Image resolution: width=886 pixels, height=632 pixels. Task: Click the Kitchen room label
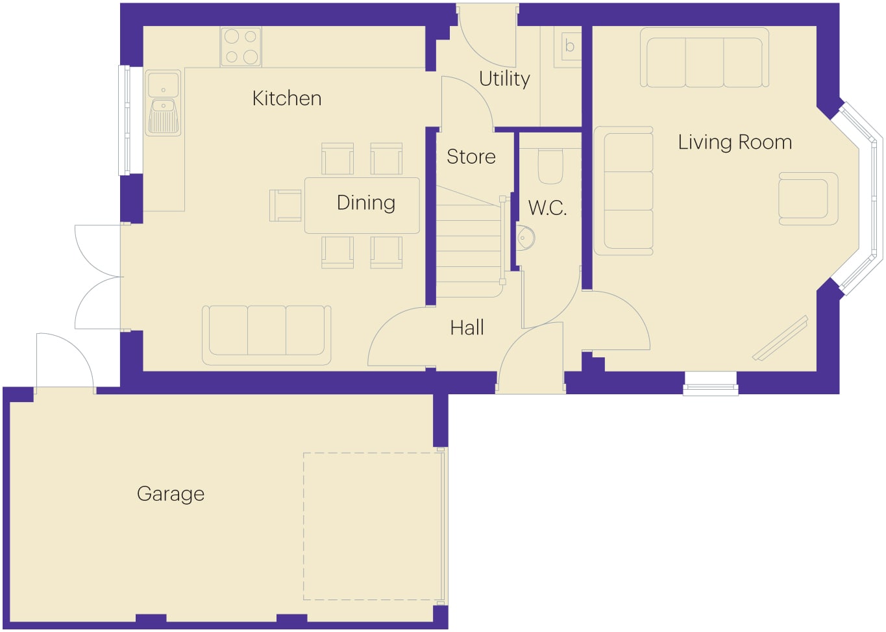[x=287, y=98]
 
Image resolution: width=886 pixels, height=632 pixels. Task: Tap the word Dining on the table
[x=366, y=203]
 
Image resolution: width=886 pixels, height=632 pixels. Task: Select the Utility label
[x=504, y=79]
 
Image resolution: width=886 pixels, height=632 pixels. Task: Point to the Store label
[x=471, y=157]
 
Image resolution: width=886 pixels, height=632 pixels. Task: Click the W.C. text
[x=547, y=208]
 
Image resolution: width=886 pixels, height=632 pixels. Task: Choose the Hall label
[x=467, y=327]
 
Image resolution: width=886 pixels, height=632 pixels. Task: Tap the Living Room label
[x=735, y=142]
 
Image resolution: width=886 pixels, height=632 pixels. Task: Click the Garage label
[x=171, y=494]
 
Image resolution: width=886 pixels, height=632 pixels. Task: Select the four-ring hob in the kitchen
[x=241, y=47]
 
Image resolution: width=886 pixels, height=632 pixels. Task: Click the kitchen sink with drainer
[x=164, y=103]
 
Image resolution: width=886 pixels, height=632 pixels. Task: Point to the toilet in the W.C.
[x=550, y=166]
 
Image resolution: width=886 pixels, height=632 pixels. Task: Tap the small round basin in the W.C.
[x=525, y=238]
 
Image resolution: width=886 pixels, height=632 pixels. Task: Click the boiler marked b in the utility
[x=567, y=47]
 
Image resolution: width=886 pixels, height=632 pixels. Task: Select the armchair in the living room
[x=808, y=199]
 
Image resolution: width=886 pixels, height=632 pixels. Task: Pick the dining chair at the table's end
[x=285, y=205]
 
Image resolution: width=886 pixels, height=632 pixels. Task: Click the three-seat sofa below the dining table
[x=267, y=335]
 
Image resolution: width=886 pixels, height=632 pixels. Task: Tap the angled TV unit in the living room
[x=780, y=338]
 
